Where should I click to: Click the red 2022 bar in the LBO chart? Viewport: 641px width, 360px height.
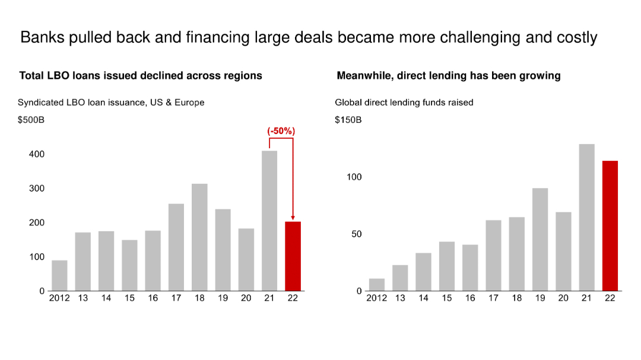tap(293, 256)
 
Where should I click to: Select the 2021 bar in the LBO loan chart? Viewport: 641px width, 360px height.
tap(269, 221)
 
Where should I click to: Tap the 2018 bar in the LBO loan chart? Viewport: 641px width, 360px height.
tap(199, 237)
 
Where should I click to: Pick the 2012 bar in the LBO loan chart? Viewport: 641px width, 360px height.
tap(59, 276)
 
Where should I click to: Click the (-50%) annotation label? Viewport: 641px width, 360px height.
tap(281, 130)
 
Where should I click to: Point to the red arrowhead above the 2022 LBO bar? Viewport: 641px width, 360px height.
tap(293, 218)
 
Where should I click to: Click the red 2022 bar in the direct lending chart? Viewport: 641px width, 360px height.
tap(610, 226)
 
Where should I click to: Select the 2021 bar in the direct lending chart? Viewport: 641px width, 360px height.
tap(586, 218)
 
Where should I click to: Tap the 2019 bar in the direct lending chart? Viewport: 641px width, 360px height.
tap(540, 240)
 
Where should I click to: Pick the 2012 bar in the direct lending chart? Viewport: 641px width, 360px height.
tap(377, 285)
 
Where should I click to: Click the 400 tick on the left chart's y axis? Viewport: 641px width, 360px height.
tap(37, 154)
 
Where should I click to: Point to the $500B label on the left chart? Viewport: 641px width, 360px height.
tap(31, 120)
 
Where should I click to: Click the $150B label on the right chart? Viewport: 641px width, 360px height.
tap(348, 120)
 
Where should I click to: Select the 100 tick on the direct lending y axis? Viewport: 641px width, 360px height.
tap(354, 177)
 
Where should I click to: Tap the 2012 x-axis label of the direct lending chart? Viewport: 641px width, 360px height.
tap(377, 298)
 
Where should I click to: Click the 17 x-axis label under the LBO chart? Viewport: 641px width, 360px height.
tap(176, 298)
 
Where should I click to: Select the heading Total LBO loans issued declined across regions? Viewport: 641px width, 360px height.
tap(141, 76)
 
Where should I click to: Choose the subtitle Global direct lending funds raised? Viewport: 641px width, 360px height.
tap(404, 103)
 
